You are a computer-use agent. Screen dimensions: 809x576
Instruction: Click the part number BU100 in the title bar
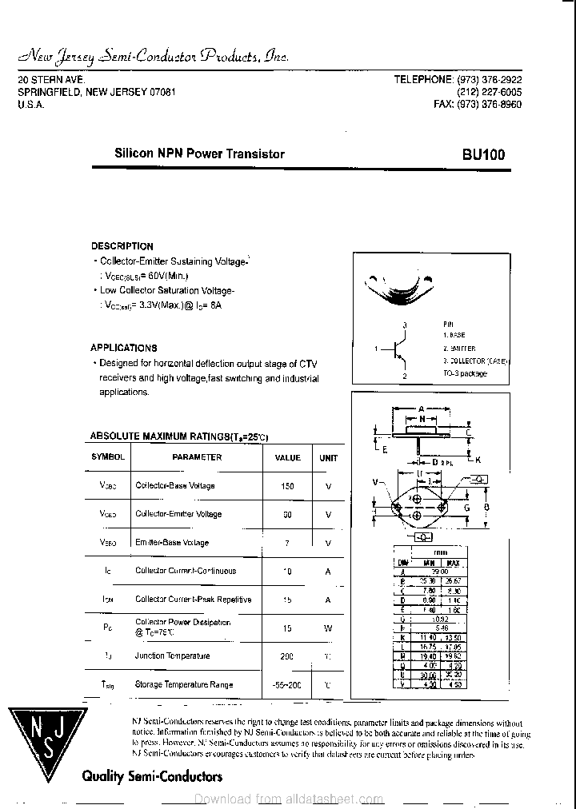[482, 154]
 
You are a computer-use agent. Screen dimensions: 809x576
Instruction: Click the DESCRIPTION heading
[122, 246]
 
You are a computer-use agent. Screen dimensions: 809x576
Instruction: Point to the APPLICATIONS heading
[124, 348]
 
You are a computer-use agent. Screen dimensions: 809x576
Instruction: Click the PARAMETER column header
[197, 457]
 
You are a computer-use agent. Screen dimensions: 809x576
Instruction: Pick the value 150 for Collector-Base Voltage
[287, 486]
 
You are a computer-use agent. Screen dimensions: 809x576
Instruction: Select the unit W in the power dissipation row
[328, 628]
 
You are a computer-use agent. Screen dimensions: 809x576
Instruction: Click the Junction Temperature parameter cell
[172, 656]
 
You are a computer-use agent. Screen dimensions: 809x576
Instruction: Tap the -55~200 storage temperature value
[287, 685]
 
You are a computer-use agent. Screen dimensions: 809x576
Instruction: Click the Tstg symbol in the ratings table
[107, 685]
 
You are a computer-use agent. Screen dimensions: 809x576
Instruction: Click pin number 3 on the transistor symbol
[406, 325]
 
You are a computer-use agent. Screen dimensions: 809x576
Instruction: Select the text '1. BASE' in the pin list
[454, 336]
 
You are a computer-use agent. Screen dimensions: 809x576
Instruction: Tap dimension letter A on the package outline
[421, 408]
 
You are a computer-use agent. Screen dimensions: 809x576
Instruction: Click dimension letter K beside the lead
[478, 460]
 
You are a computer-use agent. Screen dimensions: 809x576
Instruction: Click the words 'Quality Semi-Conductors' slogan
[152, 776]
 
